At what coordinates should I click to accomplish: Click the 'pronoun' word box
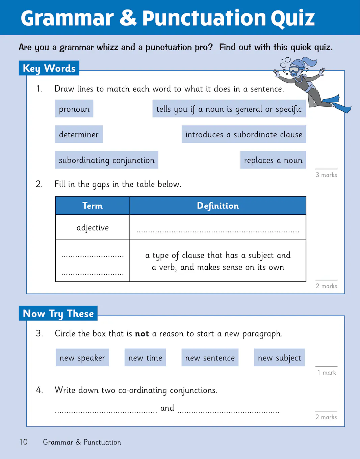tap(74, 109)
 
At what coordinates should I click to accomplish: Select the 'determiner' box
tap(79, 134)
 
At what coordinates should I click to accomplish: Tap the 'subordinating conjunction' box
tap(106, 160)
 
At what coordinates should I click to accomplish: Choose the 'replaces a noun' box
tap(273, 160)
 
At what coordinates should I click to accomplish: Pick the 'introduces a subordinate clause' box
tap(243, 134)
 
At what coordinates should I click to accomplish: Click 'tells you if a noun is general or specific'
tap(229, 109)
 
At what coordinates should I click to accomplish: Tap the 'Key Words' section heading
tap(49, 68)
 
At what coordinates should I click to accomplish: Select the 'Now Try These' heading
tap(58, 313)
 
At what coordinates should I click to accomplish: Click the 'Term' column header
tap(93, 206)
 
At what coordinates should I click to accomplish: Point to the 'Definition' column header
tap(218, 206)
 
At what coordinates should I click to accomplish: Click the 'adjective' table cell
tap(93, 227)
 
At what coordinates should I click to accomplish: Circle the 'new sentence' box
tap(210, 358)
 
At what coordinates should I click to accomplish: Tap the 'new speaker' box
tap(82, 358)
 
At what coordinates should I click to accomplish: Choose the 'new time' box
tap(145, 358)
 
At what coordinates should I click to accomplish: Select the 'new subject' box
tap(279, 358)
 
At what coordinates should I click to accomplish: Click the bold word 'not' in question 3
tap(142, 334)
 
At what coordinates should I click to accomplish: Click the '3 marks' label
tap(326, 175)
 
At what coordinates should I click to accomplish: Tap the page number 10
tap(23, 442)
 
